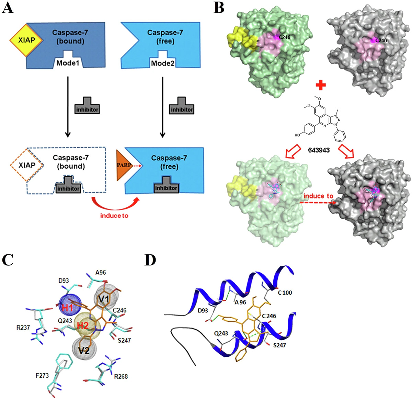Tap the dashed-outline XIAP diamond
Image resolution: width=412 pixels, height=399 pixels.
coord(27,166)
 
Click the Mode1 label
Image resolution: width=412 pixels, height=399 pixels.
coord(68,63)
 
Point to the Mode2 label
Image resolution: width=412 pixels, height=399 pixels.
coord(163,64)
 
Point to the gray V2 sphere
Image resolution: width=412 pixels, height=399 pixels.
coord(82,349)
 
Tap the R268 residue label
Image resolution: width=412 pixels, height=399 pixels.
coord(121,376)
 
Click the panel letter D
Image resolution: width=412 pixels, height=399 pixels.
coord(150,260)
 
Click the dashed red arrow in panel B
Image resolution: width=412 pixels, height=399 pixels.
coord(318,203)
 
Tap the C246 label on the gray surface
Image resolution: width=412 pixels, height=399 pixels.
coord(381,41)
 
